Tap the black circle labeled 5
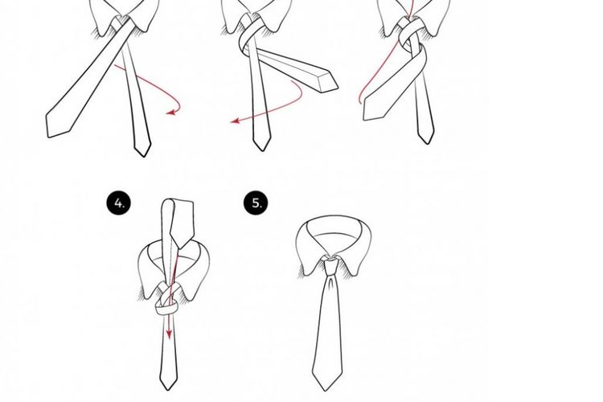tap(256, 203)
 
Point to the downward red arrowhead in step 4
tap(169, 334)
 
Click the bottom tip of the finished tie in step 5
tap(326, 391)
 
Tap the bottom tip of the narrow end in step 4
tap(168, 389)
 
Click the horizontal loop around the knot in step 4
tap(166, 308)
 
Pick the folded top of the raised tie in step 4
tap(178, 203)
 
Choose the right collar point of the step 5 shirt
tap(355, 274)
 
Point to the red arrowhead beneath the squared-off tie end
tap(235, 121)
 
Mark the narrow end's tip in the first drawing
tap(143, 156)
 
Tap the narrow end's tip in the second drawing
tap(262, 150)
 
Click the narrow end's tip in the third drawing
tap(427, 143)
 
